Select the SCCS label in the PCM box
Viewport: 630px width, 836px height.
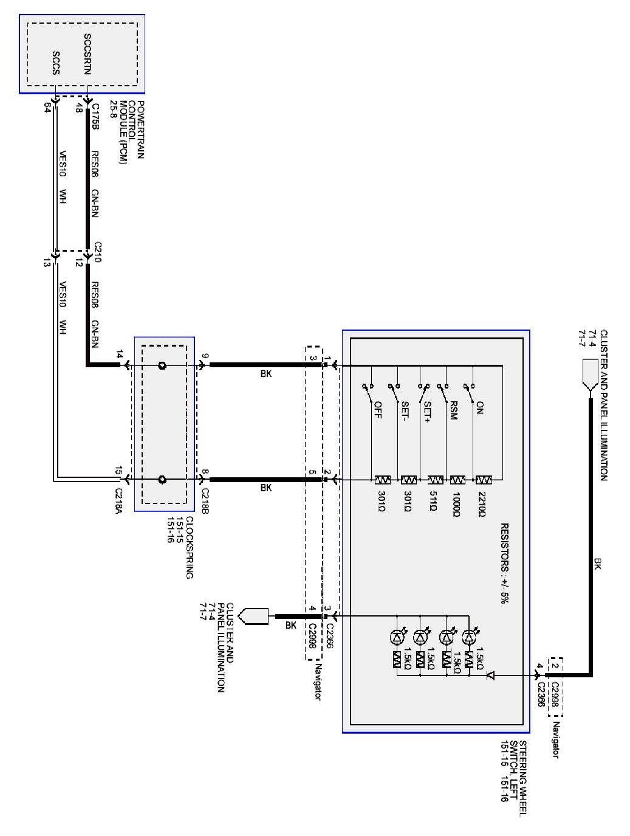[x=55, y=62]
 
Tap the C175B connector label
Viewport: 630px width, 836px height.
[x=95, y=116]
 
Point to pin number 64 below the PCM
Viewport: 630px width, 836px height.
[x=47, y=108]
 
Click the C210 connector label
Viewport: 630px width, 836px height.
[x=96, y=250]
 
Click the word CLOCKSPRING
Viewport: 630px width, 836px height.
[x=189, y=547]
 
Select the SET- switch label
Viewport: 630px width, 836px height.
[x=403, y=412]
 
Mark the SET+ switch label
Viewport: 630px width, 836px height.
[x=428, y=412]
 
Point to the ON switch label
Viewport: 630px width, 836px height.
[x=480, y=407]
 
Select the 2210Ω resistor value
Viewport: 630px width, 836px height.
[x=482, y=505]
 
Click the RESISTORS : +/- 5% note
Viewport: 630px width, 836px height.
[x=504, y=562]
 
